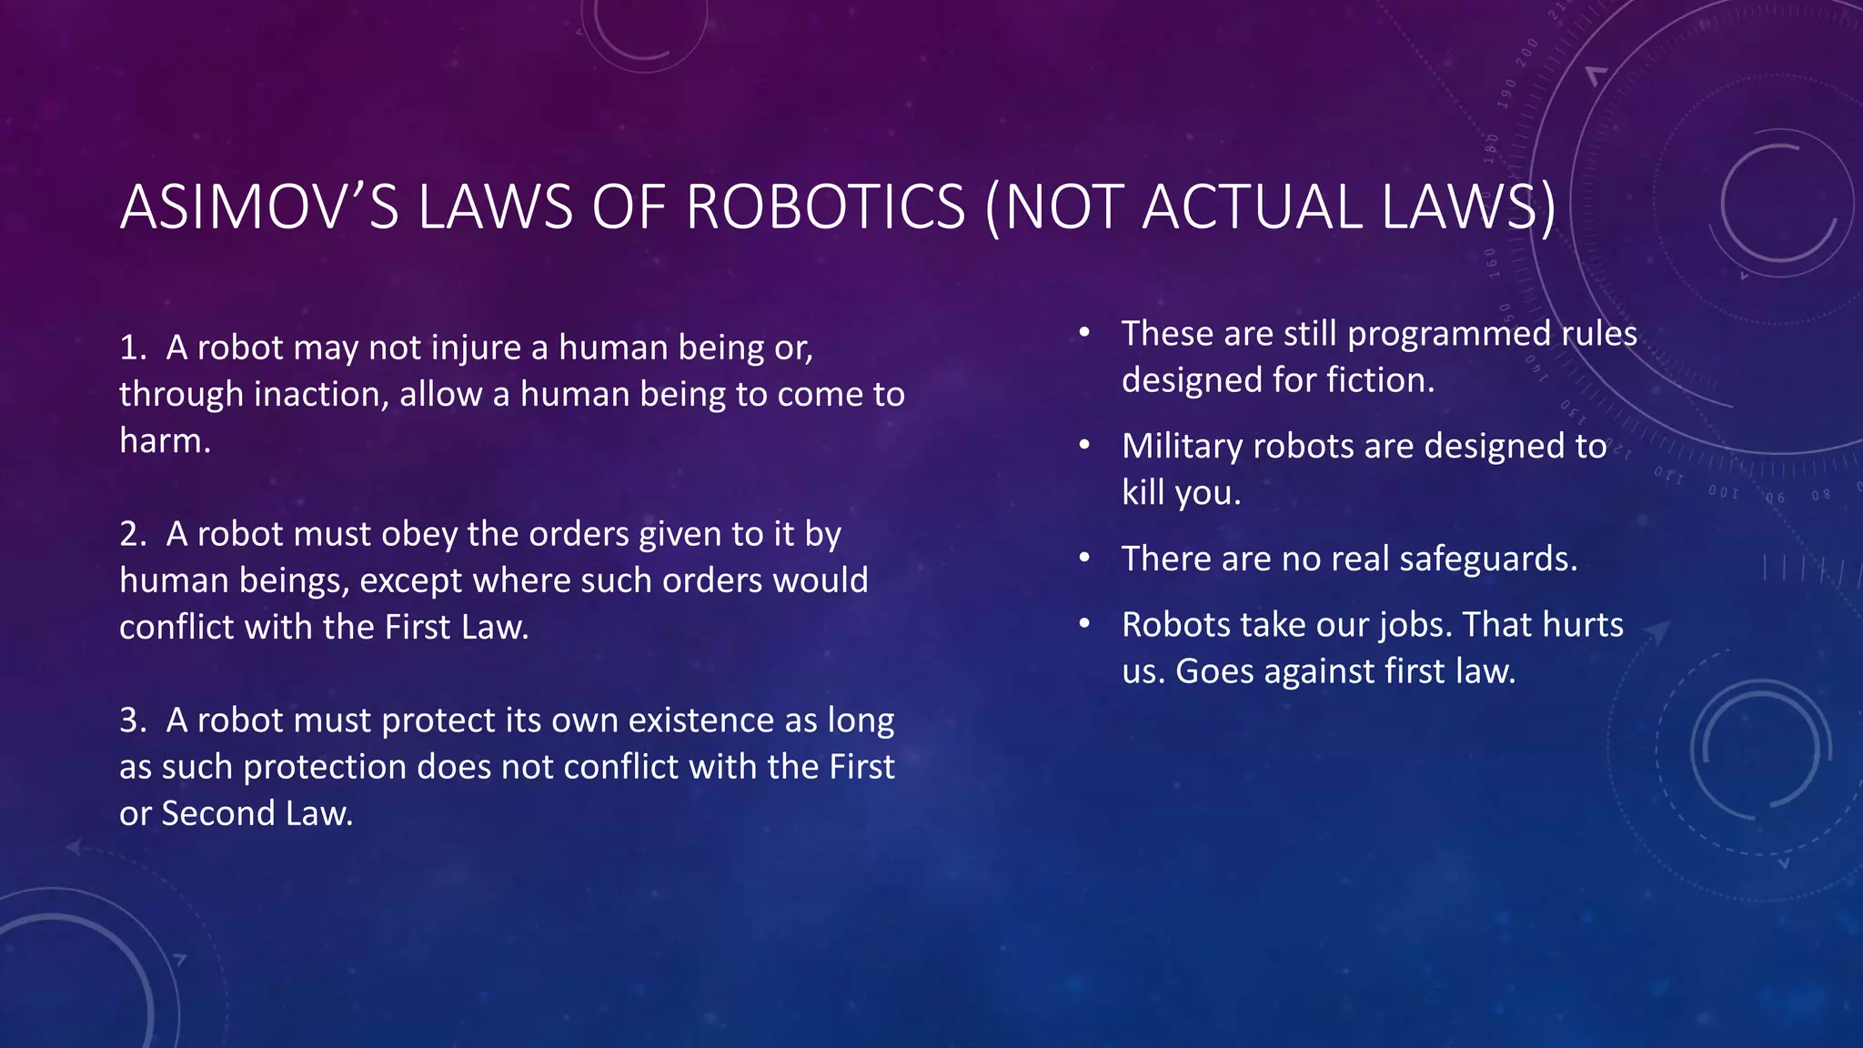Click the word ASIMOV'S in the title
pos(259,207)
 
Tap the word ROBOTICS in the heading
pos(825,207)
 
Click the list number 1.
pos(132,348)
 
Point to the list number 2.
pos(132,534)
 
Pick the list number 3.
pos(132,720)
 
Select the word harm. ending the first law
pos(165,441)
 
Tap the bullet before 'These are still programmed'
pos(1084,333)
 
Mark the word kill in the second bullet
pos(1143,493)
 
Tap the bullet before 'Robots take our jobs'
pos(1084,624)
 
